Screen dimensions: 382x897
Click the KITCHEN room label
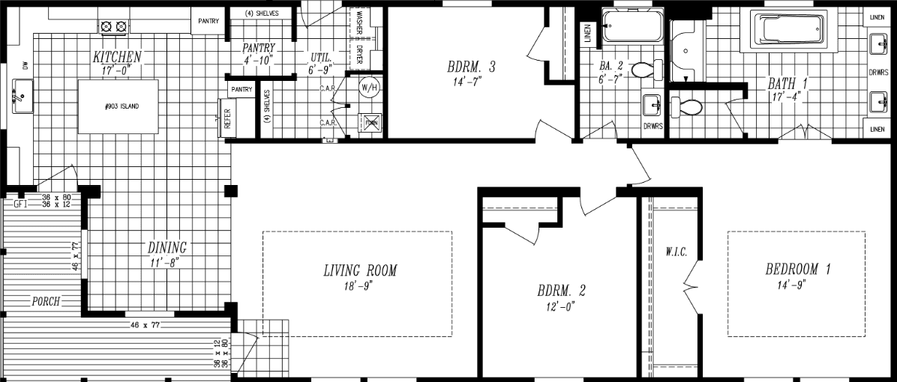pyautogui.click(x=117, y=57)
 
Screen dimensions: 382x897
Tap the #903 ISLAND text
pyautogui.click(x=121, y=106)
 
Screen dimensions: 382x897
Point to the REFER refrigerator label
pyautogui.click(x=228, y=118)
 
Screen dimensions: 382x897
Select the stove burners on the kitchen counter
pyautogui.click(x=112, y=27)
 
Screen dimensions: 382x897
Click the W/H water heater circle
pyautogui.click(x=369, y=88)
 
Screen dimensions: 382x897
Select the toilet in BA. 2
pyautogui.click(x=646, y=70)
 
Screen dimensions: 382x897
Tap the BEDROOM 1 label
pyautogui.click(x=797, y=270)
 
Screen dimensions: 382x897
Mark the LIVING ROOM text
pyautogui.click(x=360, y=270)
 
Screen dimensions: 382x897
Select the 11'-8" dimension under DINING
pyautogui.click(x=165, y=261)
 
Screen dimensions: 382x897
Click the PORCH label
pyautogui.click(x=45, y=302)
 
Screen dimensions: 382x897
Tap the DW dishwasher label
pyautogui.click(x=24, y=67)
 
